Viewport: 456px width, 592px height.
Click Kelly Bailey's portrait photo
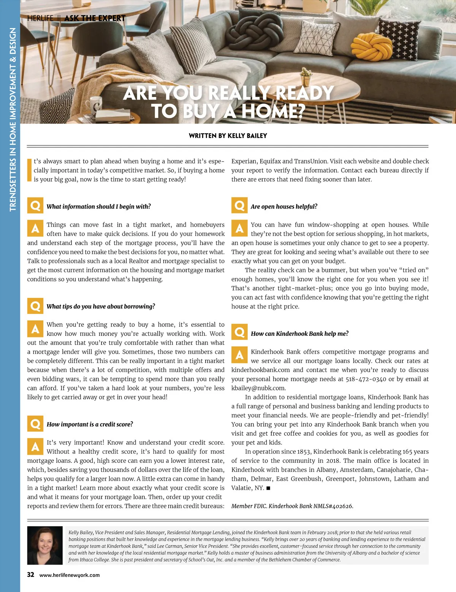45,545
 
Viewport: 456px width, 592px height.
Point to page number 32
30,575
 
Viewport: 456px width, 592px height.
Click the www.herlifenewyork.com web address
70,575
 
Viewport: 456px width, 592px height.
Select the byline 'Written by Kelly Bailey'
228,136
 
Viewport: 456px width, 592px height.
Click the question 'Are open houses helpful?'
284,206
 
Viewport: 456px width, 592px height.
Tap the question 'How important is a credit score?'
90,424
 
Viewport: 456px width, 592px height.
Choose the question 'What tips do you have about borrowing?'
101,306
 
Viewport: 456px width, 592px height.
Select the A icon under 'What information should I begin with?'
35,228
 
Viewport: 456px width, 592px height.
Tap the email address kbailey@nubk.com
258,388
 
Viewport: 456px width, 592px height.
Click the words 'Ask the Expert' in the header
95,18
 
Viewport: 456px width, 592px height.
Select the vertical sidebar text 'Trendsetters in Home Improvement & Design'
13,119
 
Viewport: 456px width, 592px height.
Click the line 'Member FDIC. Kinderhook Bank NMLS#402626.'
292,506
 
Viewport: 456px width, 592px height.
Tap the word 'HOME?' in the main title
273,111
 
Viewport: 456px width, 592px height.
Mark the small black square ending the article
268,488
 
